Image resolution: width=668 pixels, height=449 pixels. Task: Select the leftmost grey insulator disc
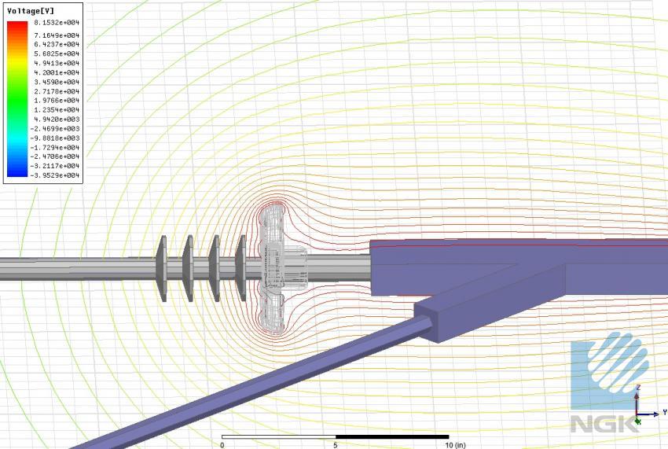click(162, 268)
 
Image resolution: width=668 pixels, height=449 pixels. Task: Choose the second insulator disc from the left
click(188, 268)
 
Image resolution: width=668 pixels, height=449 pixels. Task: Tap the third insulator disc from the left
click(214, 267)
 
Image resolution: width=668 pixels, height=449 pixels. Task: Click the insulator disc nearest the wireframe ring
click(240, 267)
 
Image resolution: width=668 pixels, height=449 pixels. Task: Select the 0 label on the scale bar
click(222, 444)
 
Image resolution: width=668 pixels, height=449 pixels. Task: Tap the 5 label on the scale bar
click(336, 444)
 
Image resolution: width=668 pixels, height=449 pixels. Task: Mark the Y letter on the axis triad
click(664, 412)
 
